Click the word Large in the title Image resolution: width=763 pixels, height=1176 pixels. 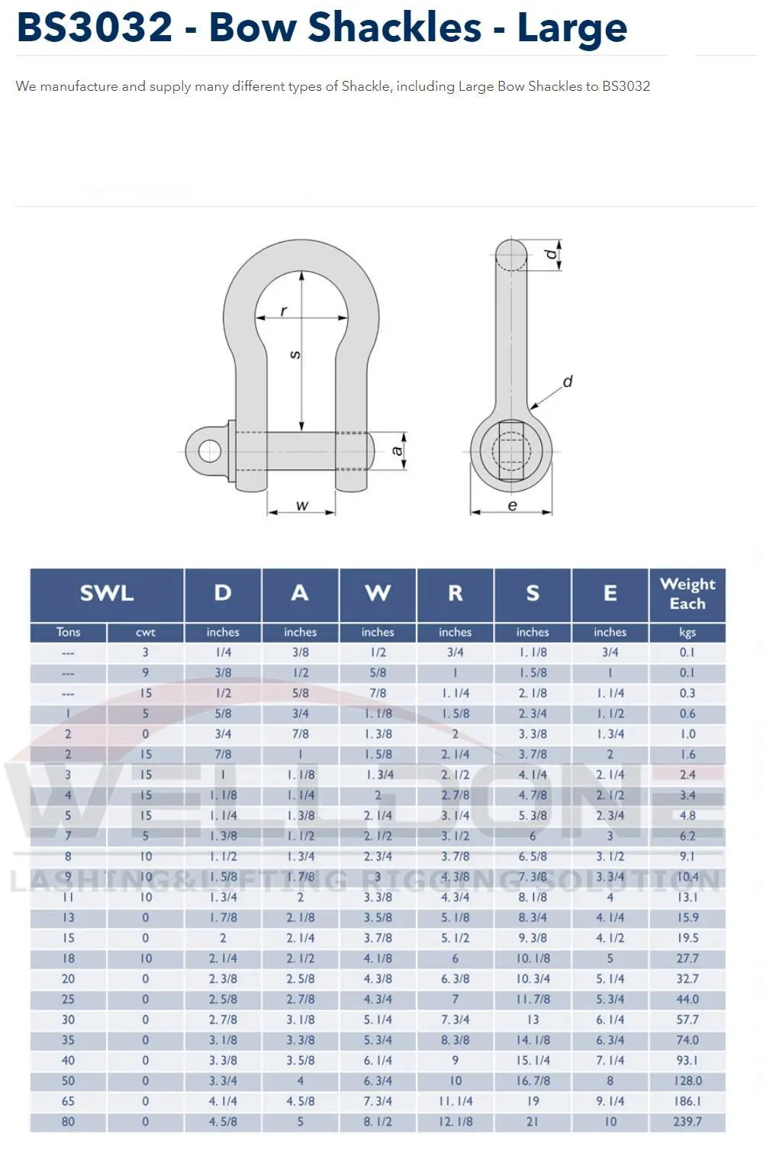572,28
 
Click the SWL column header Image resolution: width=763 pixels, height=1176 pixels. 107,593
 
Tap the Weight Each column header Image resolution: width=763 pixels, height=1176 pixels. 687,594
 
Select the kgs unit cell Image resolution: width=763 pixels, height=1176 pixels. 687,632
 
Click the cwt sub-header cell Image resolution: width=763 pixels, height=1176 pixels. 145,632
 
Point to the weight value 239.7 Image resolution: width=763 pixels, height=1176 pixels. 687,1122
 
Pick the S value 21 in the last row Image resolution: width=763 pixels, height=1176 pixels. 532,1122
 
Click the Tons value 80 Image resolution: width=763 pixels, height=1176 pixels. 68,1122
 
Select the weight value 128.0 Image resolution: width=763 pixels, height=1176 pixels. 687,1081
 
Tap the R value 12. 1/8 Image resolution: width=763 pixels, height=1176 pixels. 455,1122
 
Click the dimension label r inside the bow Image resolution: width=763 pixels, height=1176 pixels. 284,311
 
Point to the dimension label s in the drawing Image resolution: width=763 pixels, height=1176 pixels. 295,355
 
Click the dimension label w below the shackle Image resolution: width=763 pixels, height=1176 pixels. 301,505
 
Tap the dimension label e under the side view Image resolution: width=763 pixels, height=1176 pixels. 512,505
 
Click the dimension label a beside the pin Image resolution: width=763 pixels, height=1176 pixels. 397,450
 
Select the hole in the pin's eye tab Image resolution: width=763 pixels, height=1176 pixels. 209,451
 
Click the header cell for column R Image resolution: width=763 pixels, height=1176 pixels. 455,593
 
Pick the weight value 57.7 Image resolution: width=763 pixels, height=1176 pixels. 687,1020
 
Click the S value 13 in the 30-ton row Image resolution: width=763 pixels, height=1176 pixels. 532,1020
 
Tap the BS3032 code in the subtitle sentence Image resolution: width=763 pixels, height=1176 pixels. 626,86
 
